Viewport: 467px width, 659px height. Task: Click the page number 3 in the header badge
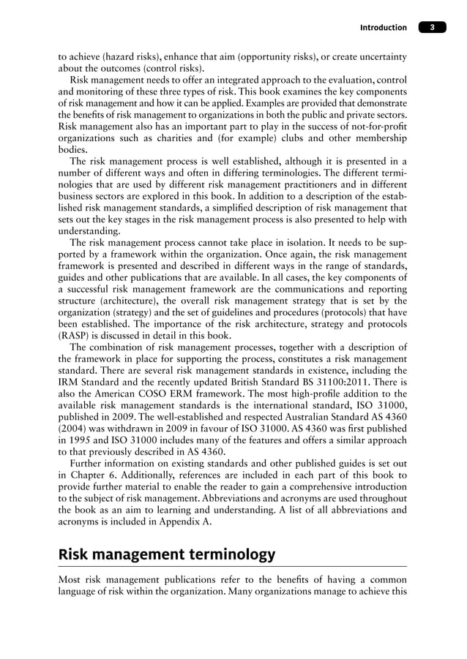(433, 28)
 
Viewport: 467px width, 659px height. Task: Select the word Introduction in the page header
(383, 28)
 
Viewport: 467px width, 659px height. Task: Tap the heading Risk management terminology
(167, 554)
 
